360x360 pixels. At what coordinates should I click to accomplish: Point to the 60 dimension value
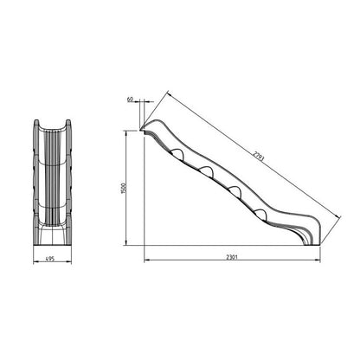click(x=130, y=100)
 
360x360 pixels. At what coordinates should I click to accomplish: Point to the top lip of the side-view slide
click(x=145, y=129)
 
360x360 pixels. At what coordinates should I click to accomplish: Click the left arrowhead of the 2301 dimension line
click(x=145, y=261)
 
